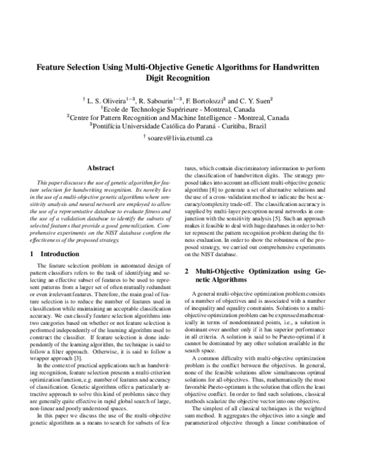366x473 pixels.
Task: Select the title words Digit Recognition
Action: [182, 79]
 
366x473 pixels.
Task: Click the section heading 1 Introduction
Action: [55, 253]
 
